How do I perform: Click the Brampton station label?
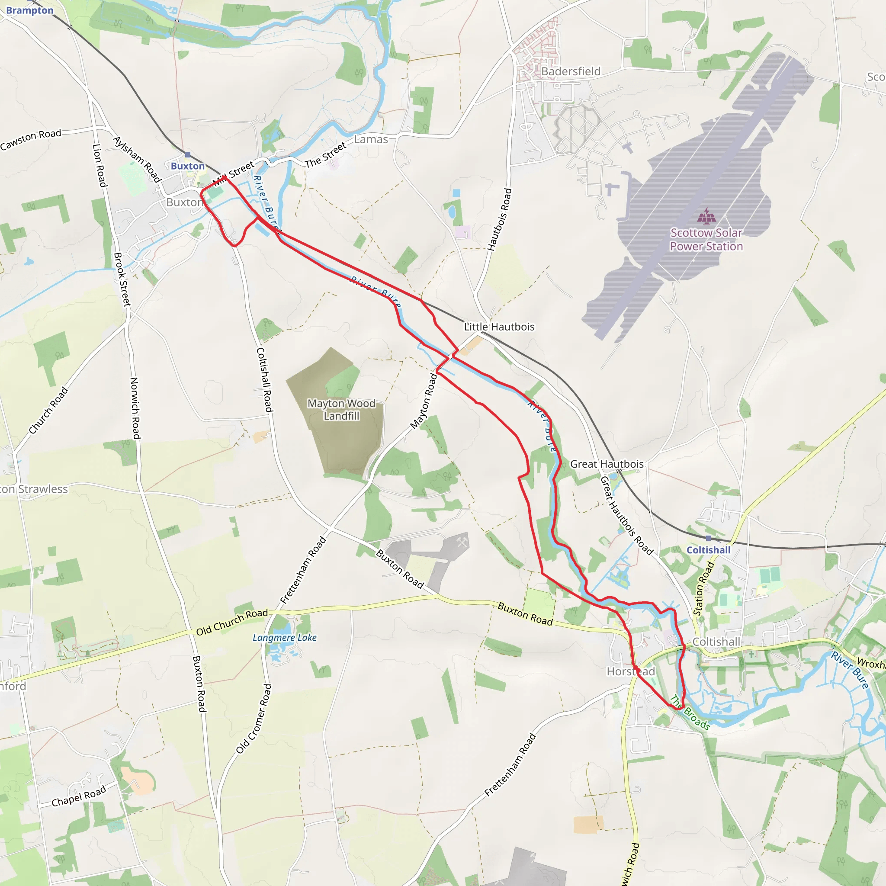[x=30, y=10]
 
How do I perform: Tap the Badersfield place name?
[x=571, y=71]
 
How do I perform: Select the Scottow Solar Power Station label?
[x=706, y=239]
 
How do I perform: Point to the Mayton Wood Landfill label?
[x=341, y=410]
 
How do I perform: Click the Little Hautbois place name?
[x=499, y=327]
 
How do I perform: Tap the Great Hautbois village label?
[x=606, y=464]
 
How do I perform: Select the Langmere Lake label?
[x=284, y=637]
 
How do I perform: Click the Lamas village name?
[x=371, y=139]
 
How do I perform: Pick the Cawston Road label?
[x=31, y=139]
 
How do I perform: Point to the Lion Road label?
[x=99, y=166]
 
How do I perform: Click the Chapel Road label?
[x=78, y=796]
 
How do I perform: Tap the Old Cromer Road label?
[x=254, y=719]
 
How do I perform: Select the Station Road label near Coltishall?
[x=703, y=588]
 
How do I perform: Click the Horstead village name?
[x=631, y=671]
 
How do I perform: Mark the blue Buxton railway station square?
[x=188, y=155]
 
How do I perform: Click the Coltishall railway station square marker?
[x=709, y=538]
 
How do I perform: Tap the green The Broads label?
[x=690, y=712]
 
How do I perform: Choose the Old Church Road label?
[x=231, y=622]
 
